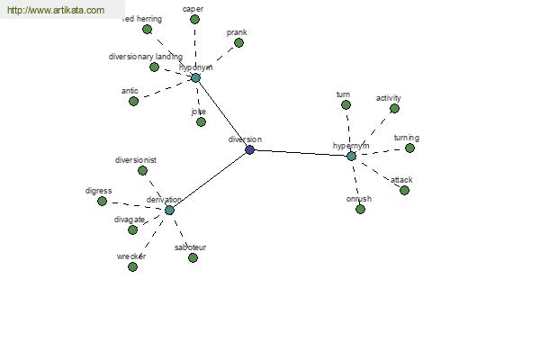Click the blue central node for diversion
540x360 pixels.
point(249,149)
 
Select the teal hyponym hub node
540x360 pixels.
point(195,77)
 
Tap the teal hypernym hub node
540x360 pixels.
point(351,156)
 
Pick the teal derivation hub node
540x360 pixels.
point(169,210)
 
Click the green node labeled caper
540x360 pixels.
point(194,19)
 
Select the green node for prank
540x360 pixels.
point(238,42)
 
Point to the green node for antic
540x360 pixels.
point(133,101)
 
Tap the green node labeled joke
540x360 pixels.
point(201,121)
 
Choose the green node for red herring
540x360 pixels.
point(147,30)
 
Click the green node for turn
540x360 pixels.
point(346,104)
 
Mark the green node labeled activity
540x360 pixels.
point(394,108)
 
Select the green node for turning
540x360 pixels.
point(409,148)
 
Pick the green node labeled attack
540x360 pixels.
point(404,190)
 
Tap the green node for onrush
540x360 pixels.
point(360,209)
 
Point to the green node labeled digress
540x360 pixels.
point(102,201)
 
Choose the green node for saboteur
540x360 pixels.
point(193,257)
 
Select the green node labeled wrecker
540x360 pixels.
point(132,265)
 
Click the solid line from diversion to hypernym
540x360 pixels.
point(301,152)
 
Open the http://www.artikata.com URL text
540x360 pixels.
point(53,11)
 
